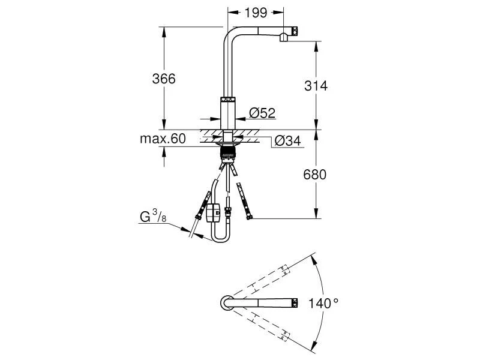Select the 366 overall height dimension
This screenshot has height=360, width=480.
[x=163, y=79]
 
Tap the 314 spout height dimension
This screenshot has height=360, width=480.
[x=316, y=85]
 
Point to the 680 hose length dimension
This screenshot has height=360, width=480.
[x=316, y=175]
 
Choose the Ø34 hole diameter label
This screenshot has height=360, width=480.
[x=287, y=142]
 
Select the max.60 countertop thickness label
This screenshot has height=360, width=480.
[x=163, y=139]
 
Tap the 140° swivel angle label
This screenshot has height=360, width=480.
[x=323, y=303]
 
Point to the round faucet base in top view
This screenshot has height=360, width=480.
[x=227, y=303]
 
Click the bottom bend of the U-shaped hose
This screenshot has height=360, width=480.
[x=220, y=241]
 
